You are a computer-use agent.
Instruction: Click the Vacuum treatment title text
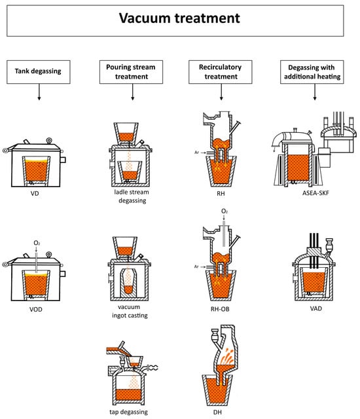point(179,18)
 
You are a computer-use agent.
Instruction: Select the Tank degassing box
point(39,72)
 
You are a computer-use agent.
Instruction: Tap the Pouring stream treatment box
point(131,72)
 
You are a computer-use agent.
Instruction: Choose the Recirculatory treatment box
point(221,72)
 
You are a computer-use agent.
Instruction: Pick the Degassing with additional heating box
point(312,72)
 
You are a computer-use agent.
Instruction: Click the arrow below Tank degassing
point(39,92)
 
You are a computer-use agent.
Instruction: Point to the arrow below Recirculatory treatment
point(221,92)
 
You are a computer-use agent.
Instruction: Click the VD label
point(35,194)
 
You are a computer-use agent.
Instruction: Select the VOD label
point(36,310)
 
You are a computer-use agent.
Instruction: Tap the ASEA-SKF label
point(315,193)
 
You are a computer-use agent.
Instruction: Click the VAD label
point(316,308)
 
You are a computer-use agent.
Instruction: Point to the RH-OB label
point(220,309)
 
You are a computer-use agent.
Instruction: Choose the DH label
point(217,412)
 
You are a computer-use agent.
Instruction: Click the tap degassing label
point(128,412)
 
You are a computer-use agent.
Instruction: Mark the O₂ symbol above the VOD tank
point(37,243)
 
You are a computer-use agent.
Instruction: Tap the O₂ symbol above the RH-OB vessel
point(225,211)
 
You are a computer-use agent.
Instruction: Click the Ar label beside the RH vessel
point(197,153)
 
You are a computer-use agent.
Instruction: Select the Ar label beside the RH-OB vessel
point(196,266)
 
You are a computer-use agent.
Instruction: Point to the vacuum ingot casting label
point(130,312)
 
